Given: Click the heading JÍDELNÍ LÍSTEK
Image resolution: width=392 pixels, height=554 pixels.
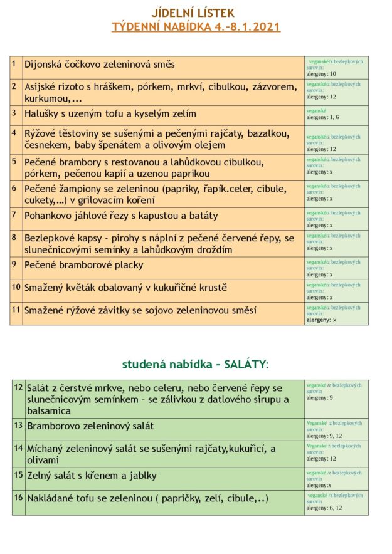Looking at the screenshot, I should [x=193, y=13].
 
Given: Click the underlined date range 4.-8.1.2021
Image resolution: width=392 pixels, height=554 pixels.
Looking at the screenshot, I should [x=241, y=27].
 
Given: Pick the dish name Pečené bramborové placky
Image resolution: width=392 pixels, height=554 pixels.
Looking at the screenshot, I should [x=84, y=264].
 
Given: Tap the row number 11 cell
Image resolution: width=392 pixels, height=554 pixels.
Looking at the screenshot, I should [x=16, y=310].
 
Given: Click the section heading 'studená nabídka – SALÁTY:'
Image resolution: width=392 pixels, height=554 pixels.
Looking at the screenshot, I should [x=195, y=364].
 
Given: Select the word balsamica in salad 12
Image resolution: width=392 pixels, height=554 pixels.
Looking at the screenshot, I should [x=49, y=411].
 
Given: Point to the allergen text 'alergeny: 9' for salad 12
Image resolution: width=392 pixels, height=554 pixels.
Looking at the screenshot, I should [x=320, y=398].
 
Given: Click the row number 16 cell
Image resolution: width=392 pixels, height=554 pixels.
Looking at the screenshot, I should [x=18, y=498].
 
